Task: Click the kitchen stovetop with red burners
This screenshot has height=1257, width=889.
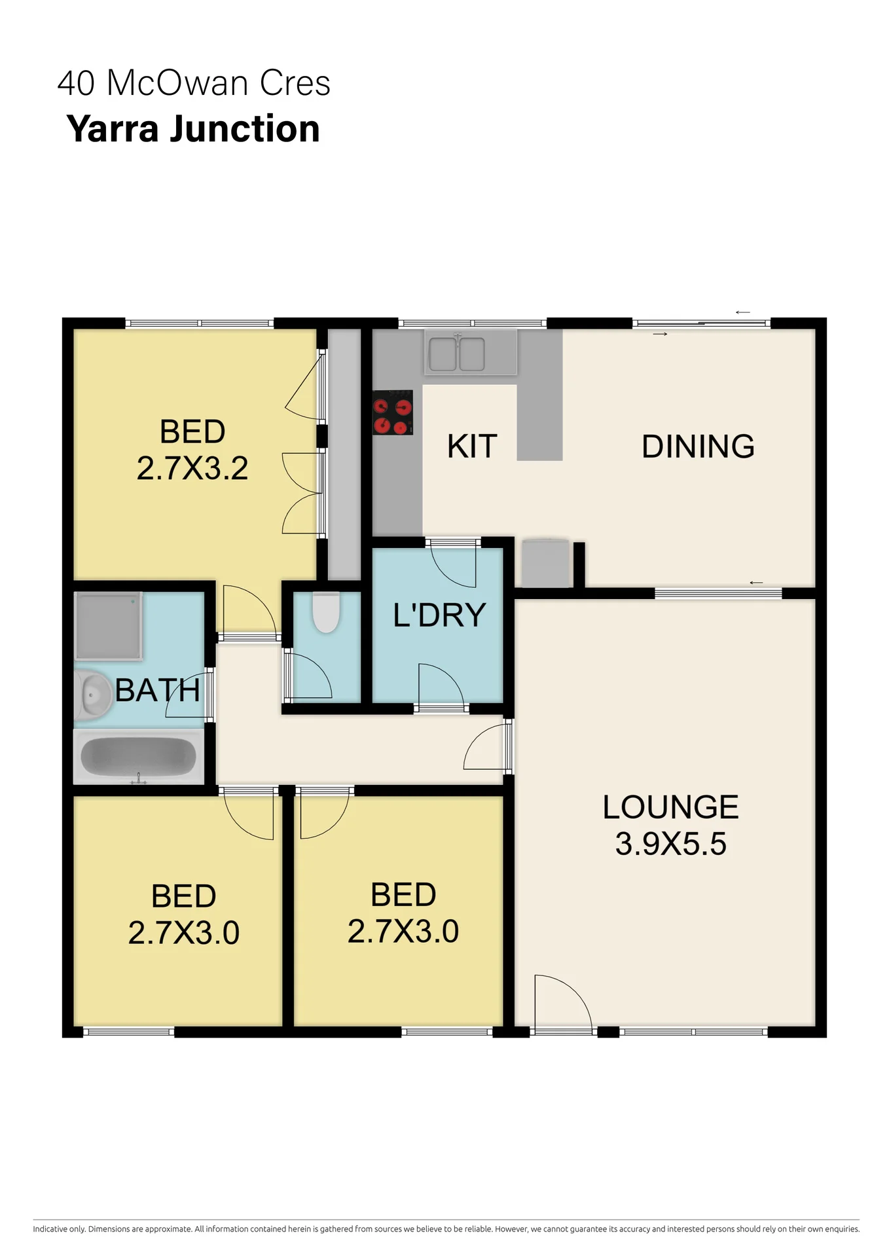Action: tap(393, 412)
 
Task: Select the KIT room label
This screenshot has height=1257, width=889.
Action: tap(472, 446)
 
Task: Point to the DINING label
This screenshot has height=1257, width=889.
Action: tap(698, 446)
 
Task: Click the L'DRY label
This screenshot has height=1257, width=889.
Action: tap(439, 615)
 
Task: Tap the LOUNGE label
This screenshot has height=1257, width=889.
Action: tap(670, 807)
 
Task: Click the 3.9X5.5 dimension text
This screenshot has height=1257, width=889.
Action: tap(670, 844)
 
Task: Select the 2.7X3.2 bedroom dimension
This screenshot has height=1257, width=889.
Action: tap(192, 469)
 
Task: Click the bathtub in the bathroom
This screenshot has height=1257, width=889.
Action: tap(138, 757)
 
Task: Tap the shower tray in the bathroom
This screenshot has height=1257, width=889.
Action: tap(109, 626)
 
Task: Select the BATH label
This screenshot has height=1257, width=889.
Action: tap(158, 691)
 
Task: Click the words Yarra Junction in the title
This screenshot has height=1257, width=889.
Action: tap(193, 129)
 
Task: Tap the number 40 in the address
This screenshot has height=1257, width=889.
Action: tap(76, 84)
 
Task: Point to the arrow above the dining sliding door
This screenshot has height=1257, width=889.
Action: tap(742, 312)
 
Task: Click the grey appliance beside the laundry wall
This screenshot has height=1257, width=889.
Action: tap(545, 563)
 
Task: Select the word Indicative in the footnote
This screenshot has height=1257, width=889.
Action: tap(50, 1229)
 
